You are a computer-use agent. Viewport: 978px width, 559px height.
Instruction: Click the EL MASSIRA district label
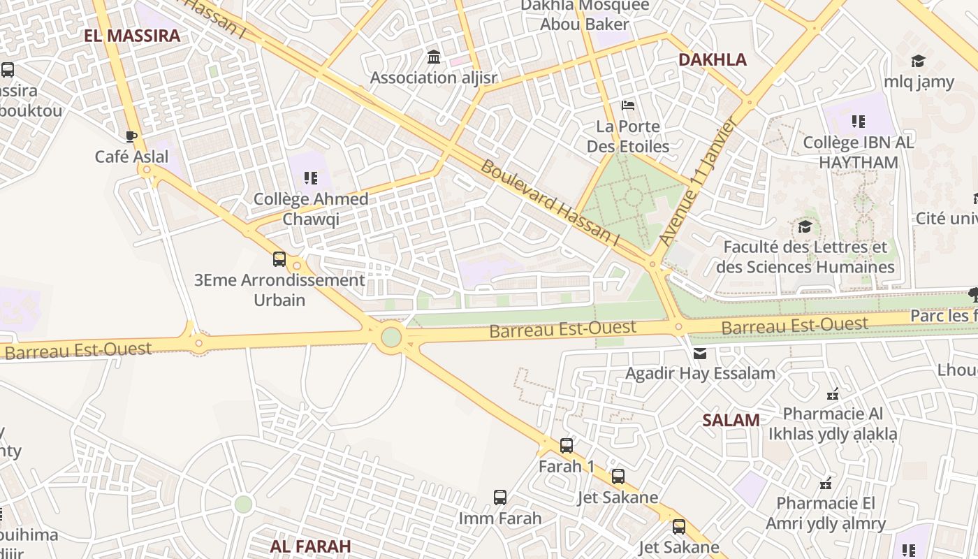pyautogui.click(x=132, y=36)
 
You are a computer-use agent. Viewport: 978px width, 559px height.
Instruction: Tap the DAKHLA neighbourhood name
pyautogui.click(x=713, y=59)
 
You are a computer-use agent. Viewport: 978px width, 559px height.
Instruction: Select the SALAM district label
pyautogui.click(x=731, y=420)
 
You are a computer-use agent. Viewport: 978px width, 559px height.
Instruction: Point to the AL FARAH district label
pyautogui.click(x=310, y=546)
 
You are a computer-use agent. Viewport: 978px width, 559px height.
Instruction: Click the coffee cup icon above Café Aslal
pyautogui.click(x=131, y=136)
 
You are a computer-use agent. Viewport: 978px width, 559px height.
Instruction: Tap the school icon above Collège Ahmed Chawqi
pyautogui.click(x=311, y=178)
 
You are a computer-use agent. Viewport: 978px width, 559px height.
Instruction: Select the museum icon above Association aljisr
pyautogui.click(x=433, y=57)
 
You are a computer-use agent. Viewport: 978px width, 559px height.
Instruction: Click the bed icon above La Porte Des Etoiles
pyautogui.click(x=628, y=106)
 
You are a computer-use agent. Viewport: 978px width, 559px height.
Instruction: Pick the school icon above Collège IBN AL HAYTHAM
pyautogui.click(x=858, y=122)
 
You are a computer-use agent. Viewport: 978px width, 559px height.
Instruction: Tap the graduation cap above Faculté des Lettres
pyautogui.click(x=805, y=226)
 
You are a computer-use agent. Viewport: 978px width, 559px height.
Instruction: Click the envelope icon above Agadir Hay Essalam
pyautogui.click(x=700, y=353)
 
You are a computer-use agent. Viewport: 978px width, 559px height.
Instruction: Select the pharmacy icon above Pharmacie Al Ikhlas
pyautogui.click(x=832, y=393)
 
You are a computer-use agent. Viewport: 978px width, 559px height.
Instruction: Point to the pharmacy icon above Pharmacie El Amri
pyautogui.click(x=826, y=483)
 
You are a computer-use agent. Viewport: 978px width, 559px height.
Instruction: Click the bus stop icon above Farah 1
pyautogui.click(x=566, y=445)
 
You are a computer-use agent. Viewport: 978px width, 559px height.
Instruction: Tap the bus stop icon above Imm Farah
pyautogui.click(x=499, y=498)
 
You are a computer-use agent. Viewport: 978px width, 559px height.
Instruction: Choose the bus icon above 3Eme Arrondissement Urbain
pyautogui.click(x=279, y=259)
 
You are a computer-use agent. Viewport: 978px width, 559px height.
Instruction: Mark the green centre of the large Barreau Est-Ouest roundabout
pyautogui.click(x=391, y=337)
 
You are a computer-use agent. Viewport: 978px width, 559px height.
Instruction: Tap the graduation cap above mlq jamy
pyautogui.click(x=918, y=61)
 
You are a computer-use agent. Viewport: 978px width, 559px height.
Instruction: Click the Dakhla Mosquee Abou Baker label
pyautogui.click(x=585, y=15)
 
